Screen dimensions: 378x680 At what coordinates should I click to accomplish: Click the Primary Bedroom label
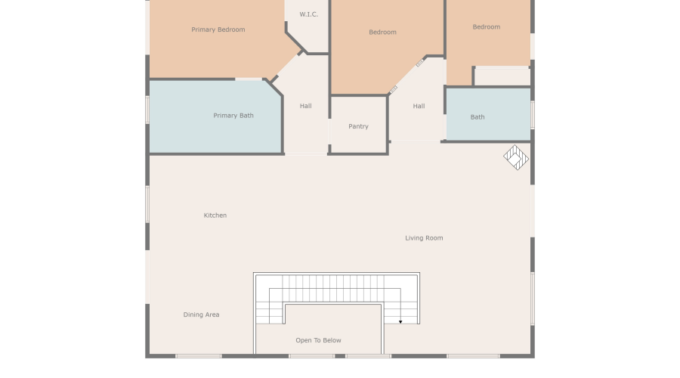218,29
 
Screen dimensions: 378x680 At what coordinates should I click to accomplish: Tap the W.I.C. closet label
308,14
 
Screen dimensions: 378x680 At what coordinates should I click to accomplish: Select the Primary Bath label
233,116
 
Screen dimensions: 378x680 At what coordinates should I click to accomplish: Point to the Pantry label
358,126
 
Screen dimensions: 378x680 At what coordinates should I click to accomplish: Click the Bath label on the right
478,117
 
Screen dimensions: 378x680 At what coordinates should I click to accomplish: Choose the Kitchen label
215,215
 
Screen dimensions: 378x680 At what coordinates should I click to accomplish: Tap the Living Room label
424,238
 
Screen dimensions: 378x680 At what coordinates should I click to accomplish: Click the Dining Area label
201,314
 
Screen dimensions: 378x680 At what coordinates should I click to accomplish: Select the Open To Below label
318,340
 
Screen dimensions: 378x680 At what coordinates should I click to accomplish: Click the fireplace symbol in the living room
517,157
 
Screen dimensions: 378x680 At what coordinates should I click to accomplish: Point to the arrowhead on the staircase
400,321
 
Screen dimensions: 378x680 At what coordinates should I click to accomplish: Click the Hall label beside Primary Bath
305,106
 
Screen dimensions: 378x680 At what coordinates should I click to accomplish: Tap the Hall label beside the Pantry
419,106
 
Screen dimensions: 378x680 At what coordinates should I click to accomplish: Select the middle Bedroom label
382,32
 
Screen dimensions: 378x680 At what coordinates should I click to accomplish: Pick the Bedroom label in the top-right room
487,26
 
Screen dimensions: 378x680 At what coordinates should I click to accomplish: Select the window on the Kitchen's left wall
147,204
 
